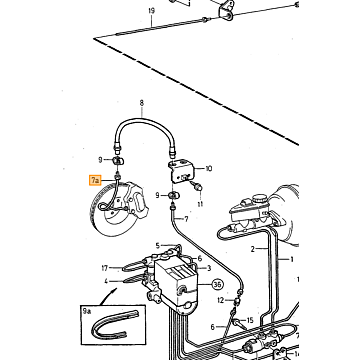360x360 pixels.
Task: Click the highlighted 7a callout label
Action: tap(95, 180)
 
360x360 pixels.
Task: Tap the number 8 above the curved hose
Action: tap(142, 103)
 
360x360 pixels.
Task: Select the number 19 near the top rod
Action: tap(152, 11)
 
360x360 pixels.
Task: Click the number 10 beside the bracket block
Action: tap(209, 169)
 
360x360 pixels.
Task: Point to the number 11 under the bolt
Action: tap(200, 204)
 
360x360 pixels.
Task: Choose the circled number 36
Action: tap(218, 285)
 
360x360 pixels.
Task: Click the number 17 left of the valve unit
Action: tap(105, 268)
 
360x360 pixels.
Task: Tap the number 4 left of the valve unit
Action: tap(106, 281)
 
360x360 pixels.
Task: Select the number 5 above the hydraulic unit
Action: tap(158, 246)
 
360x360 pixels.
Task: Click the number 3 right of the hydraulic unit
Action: tap(209, 268)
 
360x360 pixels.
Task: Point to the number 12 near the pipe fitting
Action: tap(221, 301)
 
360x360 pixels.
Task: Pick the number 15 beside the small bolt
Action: tap(250, 321)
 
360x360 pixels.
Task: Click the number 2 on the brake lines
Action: tap(253, 249)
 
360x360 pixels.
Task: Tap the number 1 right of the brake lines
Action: tap(292, 259)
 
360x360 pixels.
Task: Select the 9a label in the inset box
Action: tap(87, 311)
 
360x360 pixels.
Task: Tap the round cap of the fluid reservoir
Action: tap(258, 199)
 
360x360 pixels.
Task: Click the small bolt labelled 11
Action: tap(198, 187)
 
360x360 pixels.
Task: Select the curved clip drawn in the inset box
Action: tap(115, 323)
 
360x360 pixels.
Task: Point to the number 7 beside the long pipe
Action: tap(186, 219)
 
